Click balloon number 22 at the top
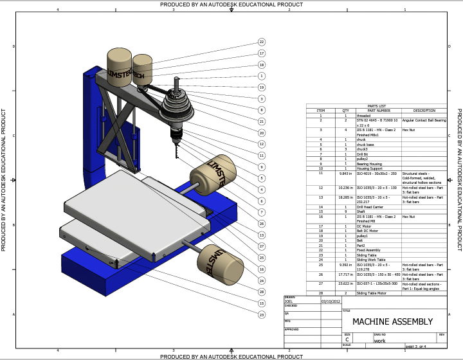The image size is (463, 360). tap(262, 42)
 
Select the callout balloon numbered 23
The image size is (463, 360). tap(262, 314)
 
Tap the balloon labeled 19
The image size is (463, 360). tap(262, 87)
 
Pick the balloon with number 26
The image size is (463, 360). tap(262, 223)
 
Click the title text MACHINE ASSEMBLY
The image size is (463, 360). tap(392, 321)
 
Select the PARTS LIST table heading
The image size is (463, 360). tap(376, 106)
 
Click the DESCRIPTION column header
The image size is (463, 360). tap(424, 111)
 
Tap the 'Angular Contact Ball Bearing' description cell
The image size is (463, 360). tap(424, 120)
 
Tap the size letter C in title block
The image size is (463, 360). tap(347, 341)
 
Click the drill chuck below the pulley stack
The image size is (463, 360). tap(174, 132)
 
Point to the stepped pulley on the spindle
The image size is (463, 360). tap(177, 103)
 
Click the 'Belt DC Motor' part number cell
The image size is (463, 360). tap(368, 231)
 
